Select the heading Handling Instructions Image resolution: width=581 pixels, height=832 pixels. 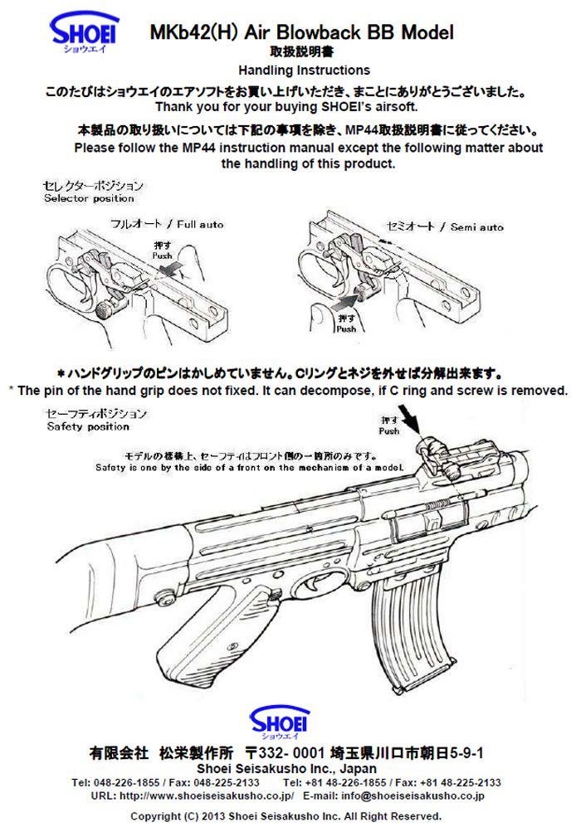tap(304, 71)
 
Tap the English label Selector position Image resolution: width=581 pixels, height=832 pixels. tap(89, 199)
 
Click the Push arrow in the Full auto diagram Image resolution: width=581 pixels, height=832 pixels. tap(175, 269)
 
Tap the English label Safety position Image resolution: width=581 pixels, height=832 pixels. tap(88, 426)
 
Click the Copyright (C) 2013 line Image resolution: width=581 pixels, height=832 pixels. tap(287, 815)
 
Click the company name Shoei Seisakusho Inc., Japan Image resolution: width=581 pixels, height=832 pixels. tap(286, 768)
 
